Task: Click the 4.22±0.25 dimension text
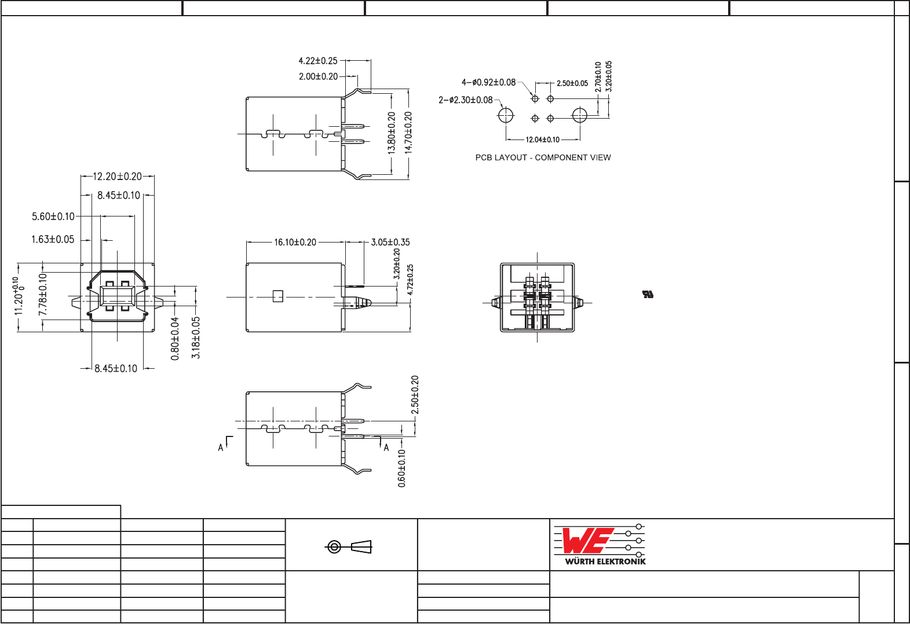pyautogui.click(x=317, y=61)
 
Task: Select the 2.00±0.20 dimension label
pyautogui.click(x=318, y=76)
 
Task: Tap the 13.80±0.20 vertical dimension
pyautogui.click(x=392, y=133)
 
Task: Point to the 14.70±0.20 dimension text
pyautogui.click(x=408, y=133)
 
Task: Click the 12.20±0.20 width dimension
pyautogui.click(x=118, y=177)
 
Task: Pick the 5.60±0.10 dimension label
pyautogui.click(x=53, y=217)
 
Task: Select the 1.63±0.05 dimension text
pyautogui.click(x=53, y=240)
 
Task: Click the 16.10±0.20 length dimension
pyautogui.click(x=295, y=243)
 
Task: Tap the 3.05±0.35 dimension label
pyautogui.click(x=390, y=243)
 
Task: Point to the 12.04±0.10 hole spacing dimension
pyautogui.click(x=542, y=140)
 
